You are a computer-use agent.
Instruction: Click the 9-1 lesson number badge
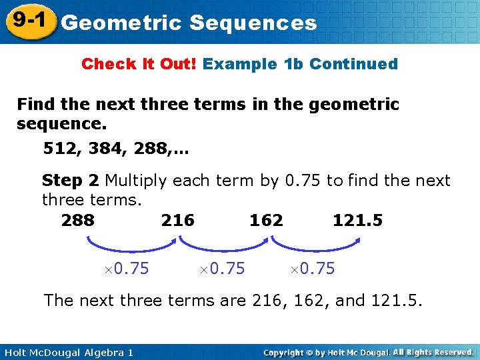point(27,20)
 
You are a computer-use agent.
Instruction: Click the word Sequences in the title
point(253,23)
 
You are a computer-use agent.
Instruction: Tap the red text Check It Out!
point(139,64)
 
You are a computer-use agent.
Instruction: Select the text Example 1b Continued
point(300,64)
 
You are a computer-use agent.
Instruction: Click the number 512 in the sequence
point(59,148)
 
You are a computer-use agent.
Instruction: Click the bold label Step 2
point(71,181)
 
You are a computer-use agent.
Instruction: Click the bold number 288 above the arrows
point(78,220)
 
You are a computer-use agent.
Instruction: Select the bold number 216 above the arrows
point(178,220)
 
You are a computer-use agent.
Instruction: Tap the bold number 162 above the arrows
point(266,220)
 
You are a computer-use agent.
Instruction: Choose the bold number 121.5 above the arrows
point(358,220)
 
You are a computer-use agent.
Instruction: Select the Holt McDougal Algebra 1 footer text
point(67,352)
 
